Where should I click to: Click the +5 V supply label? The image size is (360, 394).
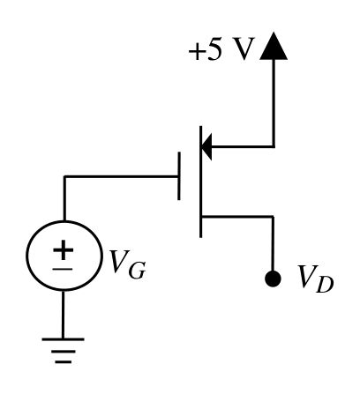click(x=221, y=49)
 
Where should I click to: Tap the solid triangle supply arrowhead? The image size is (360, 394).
click(x=274, y=46)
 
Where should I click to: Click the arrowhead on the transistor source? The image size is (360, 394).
click(x=206, y=146)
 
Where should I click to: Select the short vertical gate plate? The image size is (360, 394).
click(x=179, y=176)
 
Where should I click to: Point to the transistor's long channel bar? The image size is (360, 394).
click(x=200, y=182)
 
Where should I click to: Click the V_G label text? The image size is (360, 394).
click(x=127, y=264)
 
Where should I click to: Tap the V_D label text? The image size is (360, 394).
click(x=315, y=279)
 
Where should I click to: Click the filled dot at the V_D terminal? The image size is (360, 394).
click(x=273, y=279)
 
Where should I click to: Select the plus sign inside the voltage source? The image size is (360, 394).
click(x=63, y=250)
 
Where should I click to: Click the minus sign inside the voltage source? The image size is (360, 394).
click(x=63, y=269)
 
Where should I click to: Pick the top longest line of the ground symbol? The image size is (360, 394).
click(x=63, y=339)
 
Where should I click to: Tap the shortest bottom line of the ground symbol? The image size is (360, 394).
click(x=64, y=362)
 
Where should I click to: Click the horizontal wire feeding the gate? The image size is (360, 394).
click(x=121, y=176)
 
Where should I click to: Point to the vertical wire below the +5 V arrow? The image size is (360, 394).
click(x=274, y=103)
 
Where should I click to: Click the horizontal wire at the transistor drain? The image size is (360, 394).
click(x=237, y=217)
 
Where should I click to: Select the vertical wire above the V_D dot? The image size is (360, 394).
click(x=273, y=244)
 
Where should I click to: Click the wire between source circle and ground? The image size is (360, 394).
click(x=63, y=315)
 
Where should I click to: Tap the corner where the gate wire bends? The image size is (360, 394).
click(x=64, y=176)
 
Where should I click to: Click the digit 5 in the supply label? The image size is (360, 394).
click(x=214, y=49)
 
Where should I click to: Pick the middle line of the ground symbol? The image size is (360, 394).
click(x=64, y=351)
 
